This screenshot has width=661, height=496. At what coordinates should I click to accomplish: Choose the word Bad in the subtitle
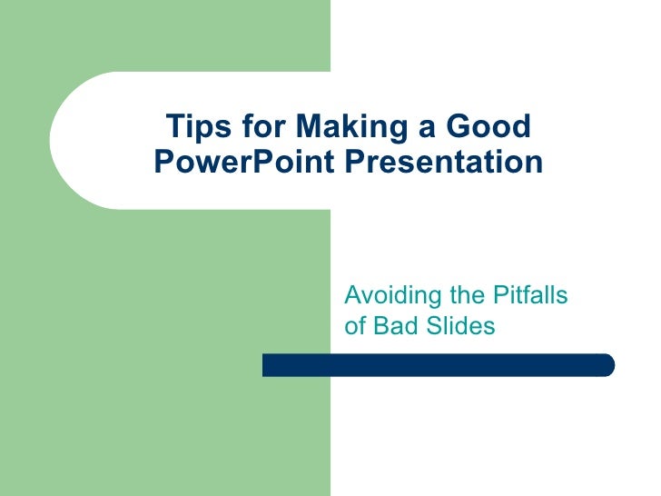coord(392,325)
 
